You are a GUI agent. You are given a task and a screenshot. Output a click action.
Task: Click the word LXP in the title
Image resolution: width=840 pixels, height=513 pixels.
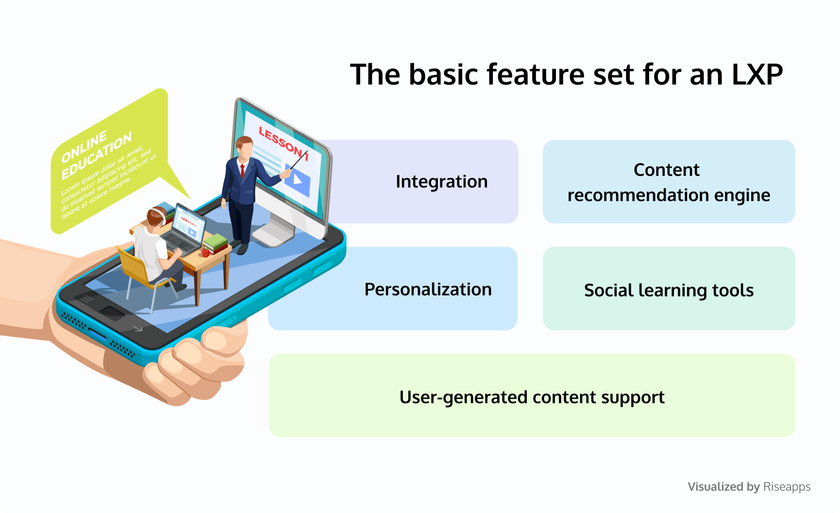[x=757, y=75]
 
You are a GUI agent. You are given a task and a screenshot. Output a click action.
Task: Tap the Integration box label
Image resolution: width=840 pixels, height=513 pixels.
[x=441, y=182]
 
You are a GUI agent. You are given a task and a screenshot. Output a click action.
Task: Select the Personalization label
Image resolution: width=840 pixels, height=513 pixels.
[x=428, y=290]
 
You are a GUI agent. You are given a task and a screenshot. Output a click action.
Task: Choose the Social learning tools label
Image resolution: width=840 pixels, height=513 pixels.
[x=669, y=291]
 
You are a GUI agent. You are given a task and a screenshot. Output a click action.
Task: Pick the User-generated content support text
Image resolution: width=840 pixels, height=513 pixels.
[x=532, y=397]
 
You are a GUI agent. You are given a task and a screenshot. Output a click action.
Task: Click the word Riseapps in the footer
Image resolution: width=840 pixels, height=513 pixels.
[x=787, y=487]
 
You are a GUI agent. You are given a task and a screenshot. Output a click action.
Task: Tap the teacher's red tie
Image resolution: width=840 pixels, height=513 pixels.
[x=242, y=170]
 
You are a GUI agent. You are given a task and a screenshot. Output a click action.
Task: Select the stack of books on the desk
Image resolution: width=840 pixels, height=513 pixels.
[x=215, y=242]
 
